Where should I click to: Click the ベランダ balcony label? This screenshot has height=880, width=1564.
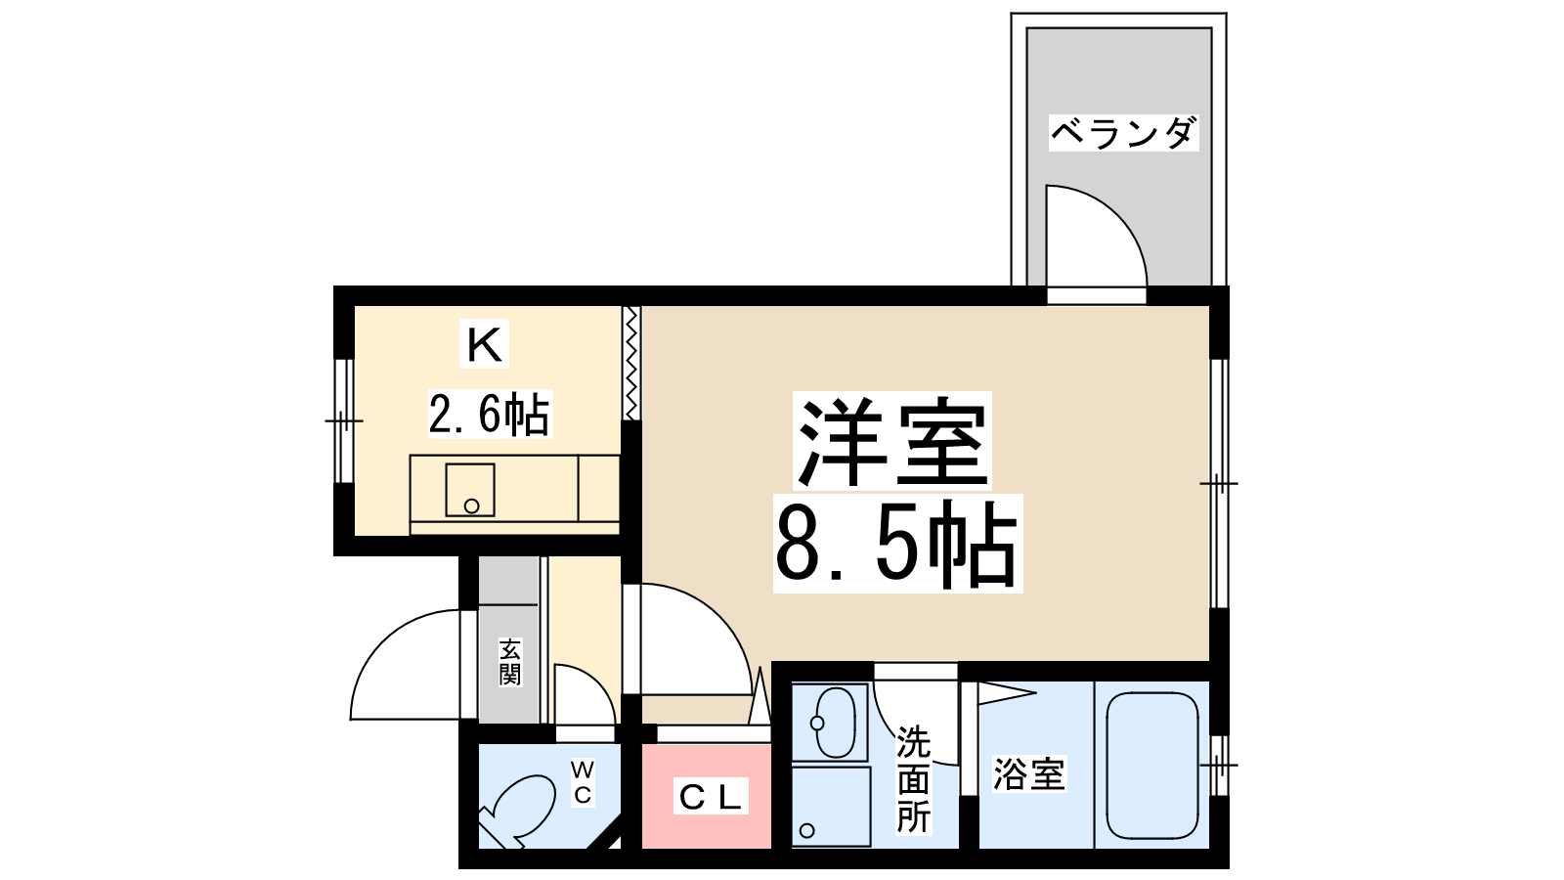1123,133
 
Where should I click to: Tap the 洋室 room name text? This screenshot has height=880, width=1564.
893,441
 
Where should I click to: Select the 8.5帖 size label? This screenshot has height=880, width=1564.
897,544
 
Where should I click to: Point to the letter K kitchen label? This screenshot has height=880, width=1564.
484,343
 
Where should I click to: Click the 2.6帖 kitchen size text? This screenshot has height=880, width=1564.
490,415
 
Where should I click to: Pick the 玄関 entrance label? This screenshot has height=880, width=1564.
509,661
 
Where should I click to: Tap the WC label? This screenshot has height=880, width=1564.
583,782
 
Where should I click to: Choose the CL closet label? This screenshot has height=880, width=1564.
710,797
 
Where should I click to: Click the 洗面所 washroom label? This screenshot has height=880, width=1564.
913,778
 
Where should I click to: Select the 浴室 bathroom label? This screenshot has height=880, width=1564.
1029,773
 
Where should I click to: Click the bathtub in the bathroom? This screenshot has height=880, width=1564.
1152,765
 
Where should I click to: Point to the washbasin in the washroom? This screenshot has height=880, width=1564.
834,723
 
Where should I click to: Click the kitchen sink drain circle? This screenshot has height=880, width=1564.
471,506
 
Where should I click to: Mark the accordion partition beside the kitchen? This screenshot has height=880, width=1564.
631,363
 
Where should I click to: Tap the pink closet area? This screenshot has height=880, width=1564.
706,796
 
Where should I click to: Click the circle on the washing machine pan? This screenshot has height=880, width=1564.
807,830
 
